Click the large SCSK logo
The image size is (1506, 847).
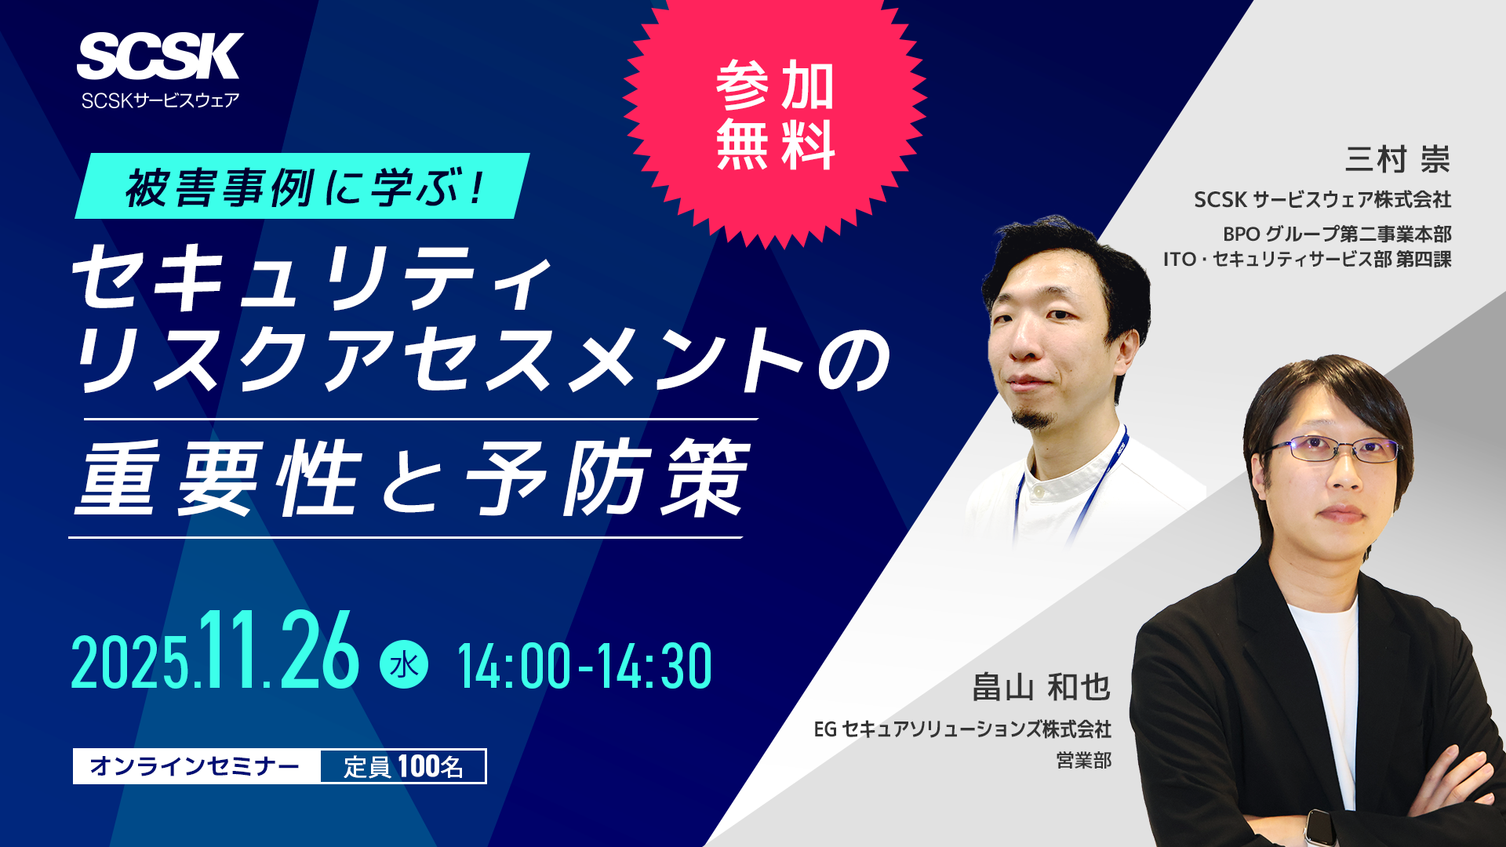coord(160,56)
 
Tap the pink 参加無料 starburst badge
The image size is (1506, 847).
coord(775,116)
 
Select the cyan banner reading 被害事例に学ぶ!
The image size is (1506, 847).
coord(303,187)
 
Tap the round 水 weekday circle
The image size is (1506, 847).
coord(404,665)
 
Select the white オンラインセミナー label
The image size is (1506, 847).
coord(196,766)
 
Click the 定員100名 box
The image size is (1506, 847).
coord(403,766)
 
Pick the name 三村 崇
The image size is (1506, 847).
coord(1397,159)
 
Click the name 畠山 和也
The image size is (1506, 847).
coord(1041,687)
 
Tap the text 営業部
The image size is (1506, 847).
coord(1084,760)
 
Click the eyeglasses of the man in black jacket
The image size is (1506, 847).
coord(1333,449)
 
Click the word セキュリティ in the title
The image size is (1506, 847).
coord(314,278)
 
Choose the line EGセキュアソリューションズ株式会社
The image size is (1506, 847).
coord(962,729)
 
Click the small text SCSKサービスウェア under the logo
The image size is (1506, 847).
coord(160,100)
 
